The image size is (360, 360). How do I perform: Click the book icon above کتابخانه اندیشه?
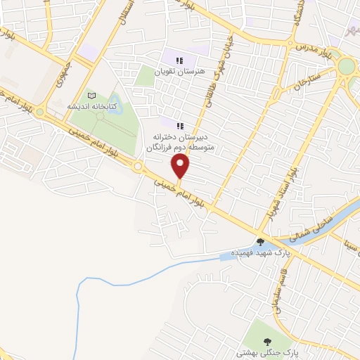91,95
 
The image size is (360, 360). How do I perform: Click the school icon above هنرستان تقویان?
180,60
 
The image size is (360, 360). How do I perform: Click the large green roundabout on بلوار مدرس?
347,67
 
